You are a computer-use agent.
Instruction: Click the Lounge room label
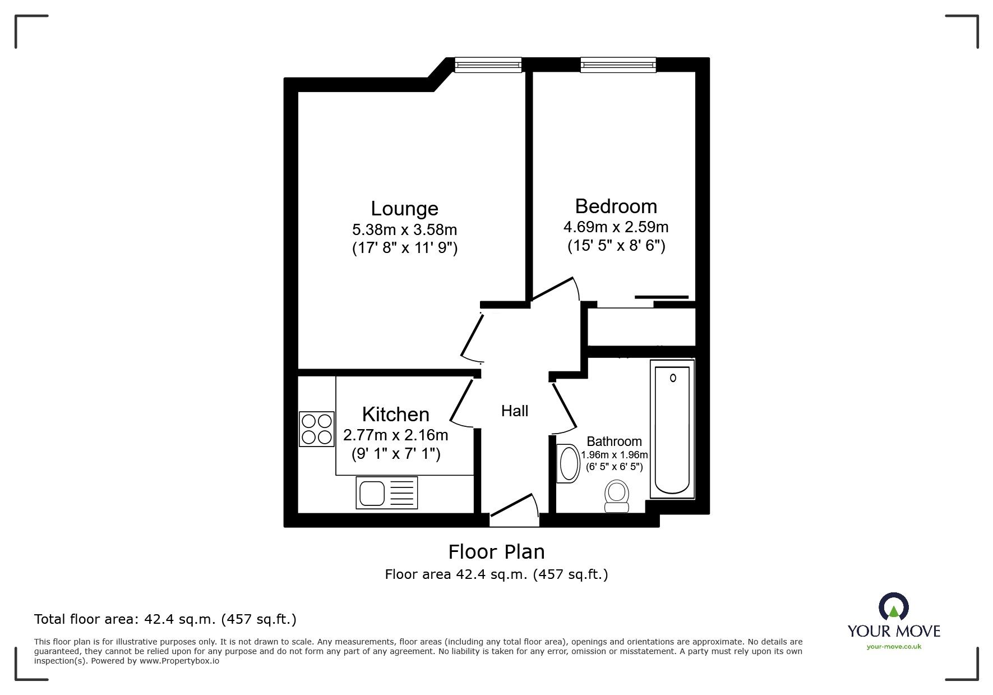coord(404,209)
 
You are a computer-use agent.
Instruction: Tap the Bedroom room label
coord(616,206)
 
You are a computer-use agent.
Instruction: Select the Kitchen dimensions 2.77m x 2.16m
coord(395,435)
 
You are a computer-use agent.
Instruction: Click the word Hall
coord(514,411)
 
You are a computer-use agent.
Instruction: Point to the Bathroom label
coord(614,441)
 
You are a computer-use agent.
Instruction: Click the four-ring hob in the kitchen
coord(316,429)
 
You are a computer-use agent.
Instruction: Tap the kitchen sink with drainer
coord(386,493)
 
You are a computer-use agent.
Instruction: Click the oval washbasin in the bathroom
coord(568,463)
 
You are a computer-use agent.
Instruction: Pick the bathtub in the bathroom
coord(672,430)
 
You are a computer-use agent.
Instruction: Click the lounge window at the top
coord(488,65)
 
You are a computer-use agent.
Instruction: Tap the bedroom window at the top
coord(618,65)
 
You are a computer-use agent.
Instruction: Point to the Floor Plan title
coord(496,552)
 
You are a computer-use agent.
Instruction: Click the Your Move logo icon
coord(893,607)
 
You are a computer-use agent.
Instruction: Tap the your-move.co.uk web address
coord(894,647)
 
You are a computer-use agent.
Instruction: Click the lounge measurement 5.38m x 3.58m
coord(404,230)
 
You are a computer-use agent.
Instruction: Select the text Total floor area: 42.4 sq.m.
coord(165,619)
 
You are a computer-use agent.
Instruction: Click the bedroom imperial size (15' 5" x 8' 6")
coord(616,246)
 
